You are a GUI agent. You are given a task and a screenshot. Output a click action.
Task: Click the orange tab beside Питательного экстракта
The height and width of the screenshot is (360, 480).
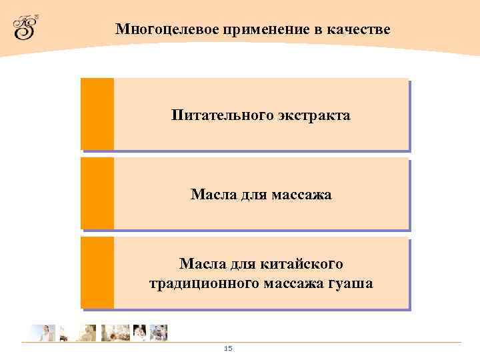click(97, 114)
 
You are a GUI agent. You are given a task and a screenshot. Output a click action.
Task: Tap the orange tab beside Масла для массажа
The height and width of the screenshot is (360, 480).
click(97, 193)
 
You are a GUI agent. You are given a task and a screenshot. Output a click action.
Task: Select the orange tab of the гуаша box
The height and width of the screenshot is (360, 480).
click(97, 273)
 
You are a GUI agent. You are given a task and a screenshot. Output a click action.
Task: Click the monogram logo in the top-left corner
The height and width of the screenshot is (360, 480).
click(25, 27)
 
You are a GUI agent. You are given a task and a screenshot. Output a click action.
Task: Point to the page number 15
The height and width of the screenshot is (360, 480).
click(228, 349)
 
